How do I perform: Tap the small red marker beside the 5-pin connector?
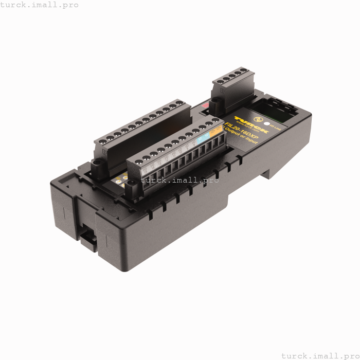[x=206, y=105]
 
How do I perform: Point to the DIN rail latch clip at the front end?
[x=87, y=240]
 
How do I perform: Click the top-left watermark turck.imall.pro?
[x=40, y=5]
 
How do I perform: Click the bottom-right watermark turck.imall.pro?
[x=319, y=355]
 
